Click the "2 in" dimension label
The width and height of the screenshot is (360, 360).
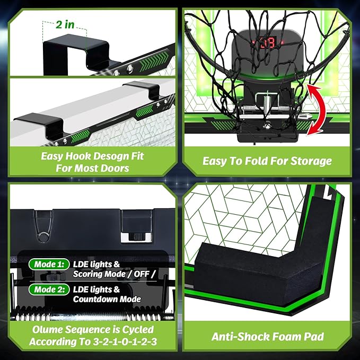click(65, 24)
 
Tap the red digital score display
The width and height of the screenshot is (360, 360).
click(268, 43)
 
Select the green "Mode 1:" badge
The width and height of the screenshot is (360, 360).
click(49, 264)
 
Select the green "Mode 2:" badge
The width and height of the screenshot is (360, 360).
click(49, 289)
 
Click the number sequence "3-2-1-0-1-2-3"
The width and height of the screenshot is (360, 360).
click(125, 342)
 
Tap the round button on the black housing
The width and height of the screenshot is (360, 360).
click(42, 236)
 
